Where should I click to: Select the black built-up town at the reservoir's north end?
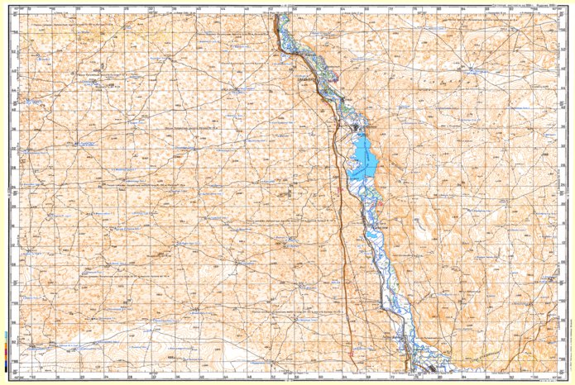(x=357, y=129)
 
